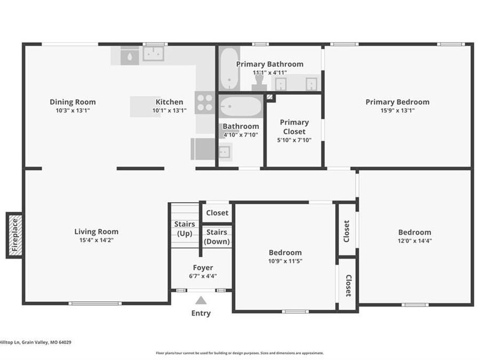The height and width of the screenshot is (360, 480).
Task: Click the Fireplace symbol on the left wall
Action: tap(15, 235)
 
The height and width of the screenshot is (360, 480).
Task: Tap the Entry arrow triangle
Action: tap(201, 300)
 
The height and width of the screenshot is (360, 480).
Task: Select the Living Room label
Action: tap(96, 231)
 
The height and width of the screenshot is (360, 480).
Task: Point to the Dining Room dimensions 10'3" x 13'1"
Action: tap(73, 111)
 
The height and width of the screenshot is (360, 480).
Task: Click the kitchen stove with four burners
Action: tap(205, 102)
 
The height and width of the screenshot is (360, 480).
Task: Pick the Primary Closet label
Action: tap(294, 127)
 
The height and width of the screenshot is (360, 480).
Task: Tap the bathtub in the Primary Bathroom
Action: tap(229, 69)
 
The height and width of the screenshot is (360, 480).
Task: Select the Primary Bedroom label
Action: tap(397, 102)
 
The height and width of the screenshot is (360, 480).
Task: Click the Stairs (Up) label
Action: tap(185, 228)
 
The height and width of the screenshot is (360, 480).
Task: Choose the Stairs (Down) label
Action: tap(217, 237)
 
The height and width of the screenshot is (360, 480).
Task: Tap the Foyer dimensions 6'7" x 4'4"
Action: tap(203, 276)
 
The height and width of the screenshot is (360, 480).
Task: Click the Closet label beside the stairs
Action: tap(217, 213)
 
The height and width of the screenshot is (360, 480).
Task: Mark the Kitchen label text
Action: tap(169, 102)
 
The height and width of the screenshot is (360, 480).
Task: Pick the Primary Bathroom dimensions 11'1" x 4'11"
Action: tap(270, 73)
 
